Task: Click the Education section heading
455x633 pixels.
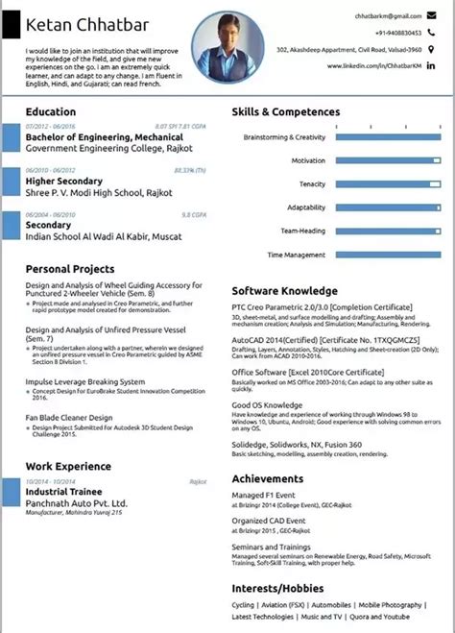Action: pos(52,112)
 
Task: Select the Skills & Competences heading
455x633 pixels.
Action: pos(284,112)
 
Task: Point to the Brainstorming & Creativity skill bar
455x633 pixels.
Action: pos(388,137)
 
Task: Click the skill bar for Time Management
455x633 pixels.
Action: pos(388,255)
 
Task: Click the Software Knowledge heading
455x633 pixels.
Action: pos(284,290)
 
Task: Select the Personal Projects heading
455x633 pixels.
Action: pos(70,269)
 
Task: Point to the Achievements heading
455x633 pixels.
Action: pos(268,476)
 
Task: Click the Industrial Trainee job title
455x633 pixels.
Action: pos(63,491)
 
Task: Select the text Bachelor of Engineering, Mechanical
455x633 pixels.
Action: pos(91,137)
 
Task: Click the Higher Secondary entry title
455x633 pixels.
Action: pos(64,181)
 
